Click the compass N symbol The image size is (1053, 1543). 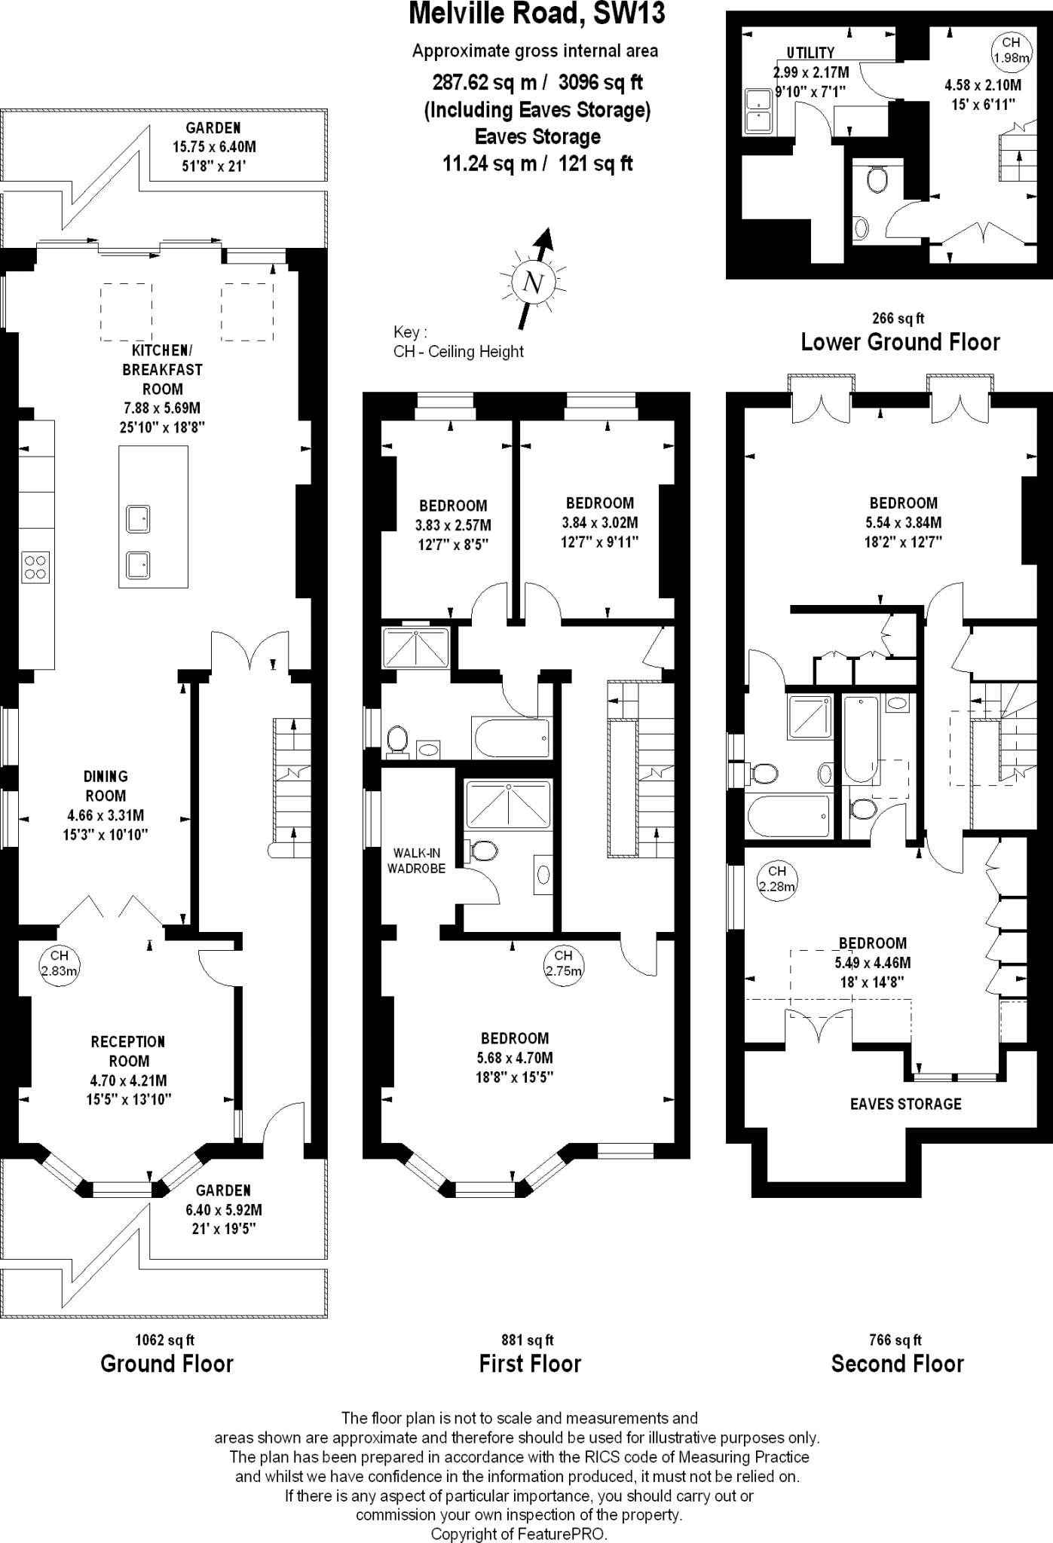(x=534, y=283)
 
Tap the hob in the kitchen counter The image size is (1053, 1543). (x=35, y=566)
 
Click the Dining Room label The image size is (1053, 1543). (x=106, y=786)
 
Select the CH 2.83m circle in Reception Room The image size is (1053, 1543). (x=60, y=963)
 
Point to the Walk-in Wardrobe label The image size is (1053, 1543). (x=416, y=860)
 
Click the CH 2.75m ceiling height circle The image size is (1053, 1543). (x=563, y=963)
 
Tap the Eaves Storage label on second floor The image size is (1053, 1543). (x=905, y=1104)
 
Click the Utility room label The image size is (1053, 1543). (x=810, y=53)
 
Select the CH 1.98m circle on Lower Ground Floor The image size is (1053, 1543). (x=1011, y=50)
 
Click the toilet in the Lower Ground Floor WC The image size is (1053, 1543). (x=876, y=180)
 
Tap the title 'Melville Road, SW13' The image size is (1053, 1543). (x=537, y=14)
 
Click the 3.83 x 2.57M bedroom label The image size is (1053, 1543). (x=453, y=525)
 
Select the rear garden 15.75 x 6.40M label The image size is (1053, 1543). (x=213, y=147)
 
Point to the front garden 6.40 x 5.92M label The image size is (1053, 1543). (x=223, y=1210)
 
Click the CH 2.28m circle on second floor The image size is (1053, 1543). (x=776, y=878)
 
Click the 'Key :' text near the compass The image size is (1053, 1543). (x=410, y=332)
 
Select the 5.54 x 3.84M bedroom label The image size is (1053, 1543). (x=903, y=522)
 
